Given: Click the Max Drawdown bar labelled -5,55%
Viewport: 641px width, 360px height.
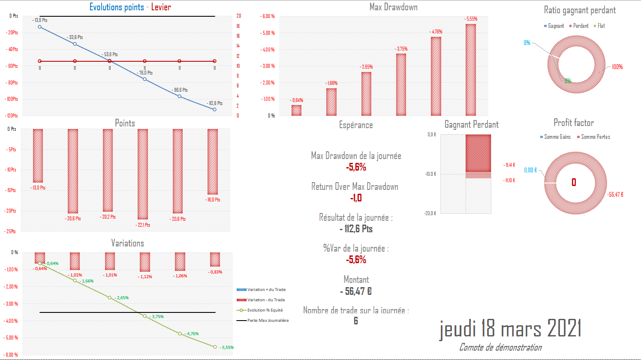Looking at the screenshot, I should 470,70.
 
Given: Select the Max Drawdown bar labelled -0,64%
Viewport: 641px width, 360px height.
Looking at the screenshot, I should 296,111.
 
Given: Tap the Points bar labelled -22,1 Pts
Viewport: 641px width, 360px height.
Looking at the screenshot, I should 143,174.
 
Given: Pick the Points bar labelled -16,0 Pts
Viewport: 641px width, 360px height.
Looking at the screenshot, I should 213,162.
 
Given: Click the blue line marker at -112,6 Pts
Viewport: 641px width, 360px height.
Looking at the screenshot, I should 215,109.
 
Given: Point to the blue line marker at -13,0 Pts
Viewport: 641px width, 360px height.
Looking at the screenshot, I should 40,27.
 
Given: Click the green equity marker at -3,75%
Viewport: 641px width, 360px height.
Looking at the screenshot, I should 144,316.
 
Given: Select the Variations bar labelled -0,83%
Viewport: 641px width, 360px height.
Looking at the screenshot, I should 215,259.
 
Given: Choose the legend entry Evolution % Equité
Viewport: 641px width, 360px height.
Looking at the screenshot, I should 265,310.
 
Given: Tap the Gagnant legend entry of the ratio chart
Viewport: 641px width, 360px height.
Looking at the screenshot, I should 556,26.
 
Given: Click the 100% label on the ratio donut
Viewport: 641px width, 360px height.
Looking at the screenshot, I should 617,67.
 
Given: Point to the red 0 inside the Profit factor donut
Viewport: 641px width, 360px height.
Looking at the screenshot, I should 574,183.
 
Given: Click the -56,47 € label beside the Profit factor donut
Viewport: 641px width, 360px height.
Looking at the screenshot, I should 615,195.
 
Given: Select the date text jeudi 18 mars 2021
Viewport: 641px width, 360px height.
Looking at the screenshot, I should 510,329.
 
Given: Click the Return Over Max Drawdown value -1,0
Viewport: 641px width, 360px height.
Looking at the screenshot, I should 356,198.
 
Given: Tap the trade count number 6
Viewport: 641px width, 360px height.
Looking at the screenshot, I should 356,321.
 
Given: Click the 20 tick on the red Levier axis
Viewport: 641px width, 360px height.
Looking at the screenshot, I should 239,16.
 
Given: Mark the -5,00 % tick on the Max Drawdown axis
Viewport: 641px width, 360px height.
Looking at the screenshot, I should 268,33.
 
